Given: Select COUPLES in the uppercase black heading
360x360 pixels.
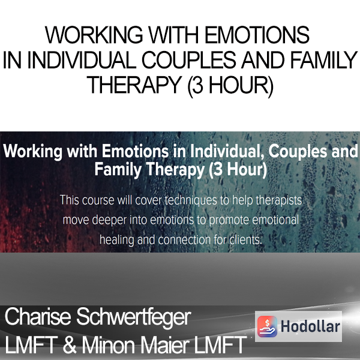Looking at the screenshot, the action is [x=189, y=60].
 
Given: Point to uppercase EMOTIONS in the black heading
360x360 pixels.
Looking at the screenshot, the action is [x=257, y=35].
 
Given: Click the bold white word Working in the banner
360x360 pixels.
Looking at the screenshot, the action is [x=32, y=152].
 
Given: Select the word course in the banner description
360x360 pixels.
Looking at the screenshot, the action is [x=98, y=200].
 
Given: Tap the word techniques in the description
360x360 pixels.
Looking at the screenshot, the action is [x=191, y=200].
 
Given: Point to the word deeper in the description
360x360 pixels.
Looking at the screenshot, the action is [x=110, y=220].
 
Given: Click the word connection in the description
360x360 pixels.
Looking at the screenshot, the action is [x=184, y=240].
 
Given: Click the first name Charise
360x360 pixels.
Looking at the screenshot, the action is [x=38, y=317].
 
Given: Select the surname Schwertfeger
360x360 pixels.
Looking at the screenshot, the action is [x=134, y=318].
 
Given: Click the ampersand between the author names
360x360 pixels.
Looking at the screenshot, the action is [x=70, y=344].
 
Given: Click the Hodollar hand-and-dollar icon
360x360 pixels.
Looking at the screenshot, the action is [x=267, y=326].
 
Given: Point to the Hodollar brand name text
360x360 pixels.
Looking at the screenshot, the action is [x=310, y=326].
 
